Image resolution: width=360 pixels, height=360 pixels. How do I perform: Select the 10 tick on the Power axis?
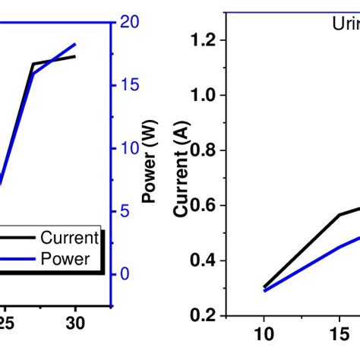(130, 148)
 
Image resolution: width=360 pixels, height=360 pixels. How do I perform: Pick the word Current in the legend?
(69, 237)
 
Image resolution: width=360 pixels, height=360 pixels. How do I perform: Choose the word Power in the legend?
(65, 259)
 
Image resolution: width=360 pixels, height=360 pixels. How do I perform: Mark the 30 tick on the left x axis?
(76, 322)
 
